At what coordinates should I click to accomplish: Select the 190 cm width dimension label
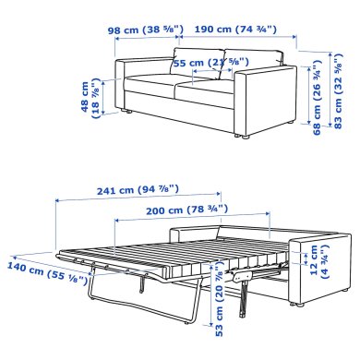click(x=237, y=29)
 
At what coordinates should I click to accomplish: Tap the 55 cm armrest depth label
click(x=199, y=63)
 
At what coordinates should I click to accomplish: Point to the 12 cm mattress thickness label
click(x=317, y=263)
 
